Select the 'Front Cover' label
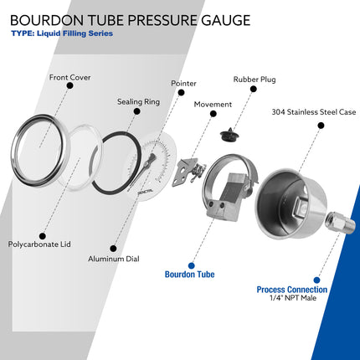(69, 78)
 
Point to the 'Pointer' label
(183, 84)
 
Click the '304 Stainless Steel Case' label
(314, 111)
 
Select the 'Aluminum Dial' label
(114, 260)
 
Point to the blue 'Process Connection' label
(292, 290)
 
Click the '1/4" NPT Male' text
(291, 299)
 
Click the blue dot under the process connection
(316, 280)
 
